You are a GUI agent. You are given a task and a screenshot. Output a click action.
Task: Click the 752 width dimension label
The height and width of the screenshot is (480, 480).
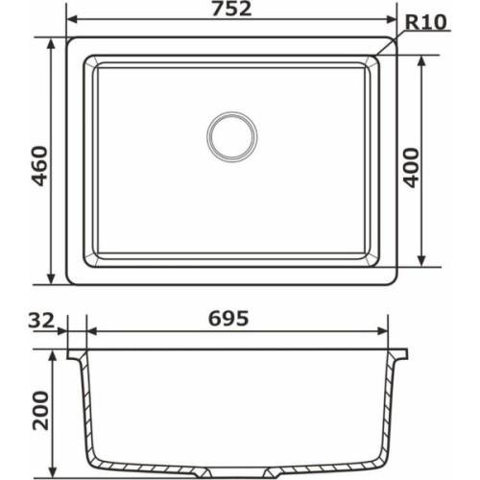point(230,10)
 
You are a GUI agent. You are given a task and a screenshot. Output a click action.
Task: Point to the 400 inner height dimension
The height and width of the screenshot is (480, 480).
point(412,161)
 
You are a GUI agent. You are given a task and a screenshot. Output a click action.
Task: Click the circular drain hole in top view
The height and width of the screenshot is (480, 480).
point(231,135)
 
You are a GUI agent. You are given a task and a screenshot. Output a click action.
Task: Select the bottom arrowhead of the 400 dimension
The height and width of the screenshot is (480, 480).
point(423,262)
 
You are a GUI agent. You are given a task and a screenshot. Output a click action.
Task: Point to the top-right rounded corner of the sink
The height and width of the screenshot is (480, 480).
point(392,45)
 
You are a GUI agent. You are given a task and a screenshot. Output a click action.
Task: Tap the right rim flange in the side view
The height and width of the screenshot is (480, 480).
point(401,353)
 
